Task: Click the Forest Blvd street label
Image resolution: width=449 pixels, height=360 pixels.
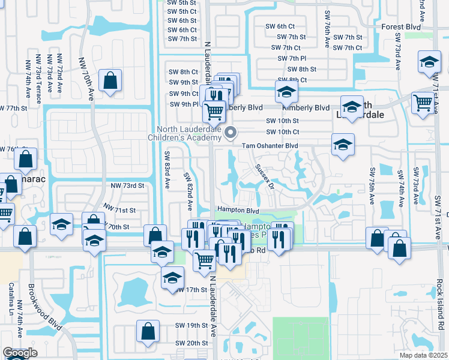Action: [402, 26]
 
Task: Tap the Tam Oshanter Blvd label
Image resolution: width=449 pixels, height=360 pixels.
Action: [270, 146]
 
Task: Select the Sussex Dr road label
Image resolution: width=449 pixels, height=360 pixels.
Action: [265, 176]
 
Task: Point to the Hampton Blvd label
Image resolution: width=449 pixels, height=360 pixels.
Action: [237, 211]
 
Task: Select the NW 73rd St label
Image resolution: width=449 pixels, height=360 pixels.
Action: [128, 187]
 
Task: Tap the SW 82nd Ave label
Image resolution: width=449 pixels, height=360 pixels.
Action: [188, 193]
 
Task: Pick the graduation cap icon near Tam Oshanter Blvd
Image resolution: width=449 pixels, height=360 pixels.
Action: [343, 144]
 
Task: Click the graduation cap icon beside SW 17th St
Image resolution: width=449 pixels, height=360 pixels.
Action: [172, 277]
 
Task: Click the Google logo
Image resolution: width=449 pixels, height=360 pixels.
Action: [20, 353]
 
